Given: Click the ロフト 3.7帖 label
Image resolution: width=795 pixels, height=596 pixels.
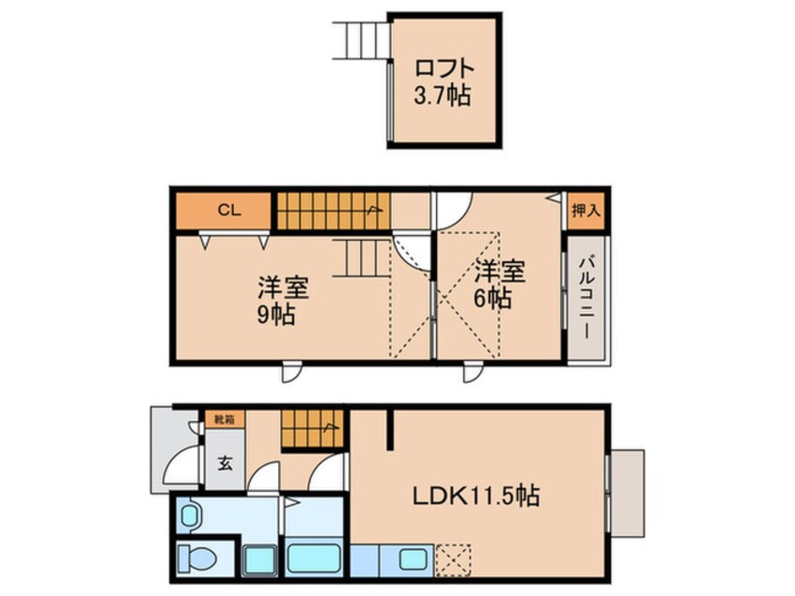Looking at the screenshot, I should click(x=445, y=82).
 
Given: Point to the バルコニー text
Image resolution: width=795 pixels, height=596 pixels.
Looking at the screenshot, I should click(x=583, y=299).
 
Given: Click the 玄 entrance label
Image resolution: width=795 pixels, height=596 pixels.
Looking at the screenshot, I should click(x=226, y=463).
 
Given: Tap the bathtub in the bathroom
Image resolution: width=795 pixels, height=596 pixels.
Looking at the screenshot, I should click(x=314, y=557).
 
